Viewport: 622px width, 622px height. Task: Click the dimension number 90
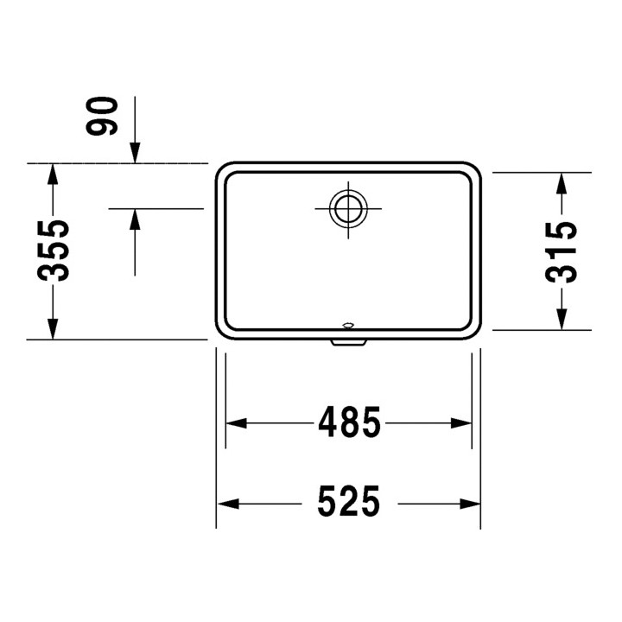103,116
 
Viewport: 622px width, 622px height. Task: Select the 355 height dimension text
53,251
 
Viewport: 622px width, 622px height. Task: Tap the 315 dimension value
562,251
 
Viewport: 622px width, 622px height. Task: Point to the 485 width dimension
349,422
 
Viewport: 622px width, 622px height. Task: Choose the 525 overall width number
348,502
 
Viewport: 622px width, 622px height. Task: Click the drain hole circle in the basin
348,207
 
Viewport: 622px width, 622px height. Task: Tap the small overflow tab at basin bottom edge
348,342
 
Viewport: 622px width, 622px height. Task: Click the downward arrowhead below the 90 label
135,153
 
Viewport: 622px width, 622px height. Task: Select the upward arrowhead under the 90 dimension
135,219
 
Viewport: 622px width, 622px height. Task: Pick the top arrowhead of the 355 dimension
53,174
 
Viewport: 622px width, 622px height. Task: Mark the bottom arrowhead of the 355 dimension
53,329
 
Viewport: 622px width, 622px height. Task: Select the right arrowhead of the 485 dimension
461,423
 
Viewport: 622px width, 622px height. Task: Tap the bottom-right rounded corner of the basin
474,333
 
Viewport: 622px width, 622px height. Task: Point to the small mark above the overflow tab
348,326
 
